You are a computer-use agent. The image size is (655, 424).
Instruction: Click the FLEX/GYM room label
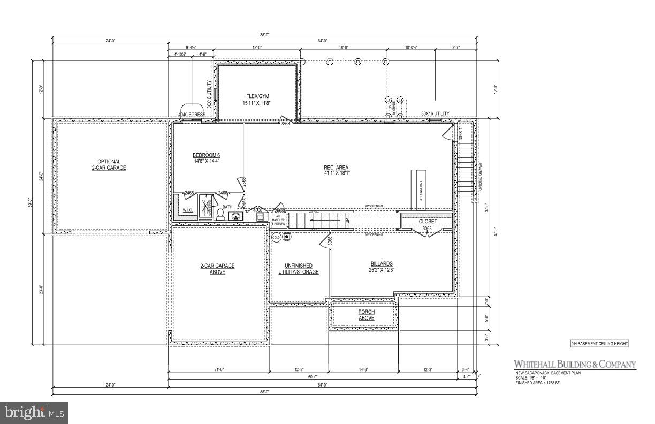tap(256, 99)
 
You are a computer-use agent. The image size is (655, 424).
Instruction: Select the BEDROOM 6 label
tap(206, 158)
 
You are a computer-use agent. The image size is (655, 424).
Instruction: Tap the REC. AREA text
tap(336, 170)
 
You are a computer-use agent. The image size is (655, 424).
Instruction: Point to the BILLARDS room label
tap(382, 267)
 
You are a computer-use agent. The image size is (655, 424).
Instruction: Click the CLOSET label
tap(428, 221)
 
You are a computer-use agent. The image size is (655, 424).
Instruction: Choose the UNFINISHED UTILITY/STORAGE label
tap(299, 269)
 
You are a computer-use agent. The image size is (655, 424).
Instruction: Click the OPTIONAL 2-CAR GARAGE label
tap(109, 164)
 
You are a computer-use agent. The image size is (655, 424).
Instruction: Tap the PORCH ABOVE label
tap(366, 315)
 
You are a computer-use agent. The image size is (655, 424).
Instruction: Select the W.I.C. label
tap(188, 210)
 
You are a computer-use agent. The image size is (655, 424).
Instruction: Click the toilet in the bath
tap(220, 214)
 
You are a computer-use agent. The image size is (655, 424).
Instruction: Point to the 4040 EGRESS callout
tap(192, 114)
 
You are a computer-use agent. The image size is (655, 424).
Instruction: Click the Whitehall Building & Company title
tap(575, 365)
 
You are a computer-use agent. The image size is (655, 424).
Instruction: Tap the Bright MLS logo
tap(33, 412)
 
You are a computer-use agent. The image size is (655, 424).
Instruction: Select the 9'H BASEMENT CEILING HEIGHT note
tap(599, 344)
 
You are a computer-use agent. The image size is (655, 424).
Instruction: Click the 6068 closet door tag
tap(428, 229)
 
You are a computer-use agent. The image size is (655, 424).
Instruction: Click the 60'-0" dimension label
tap(311, 377)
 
